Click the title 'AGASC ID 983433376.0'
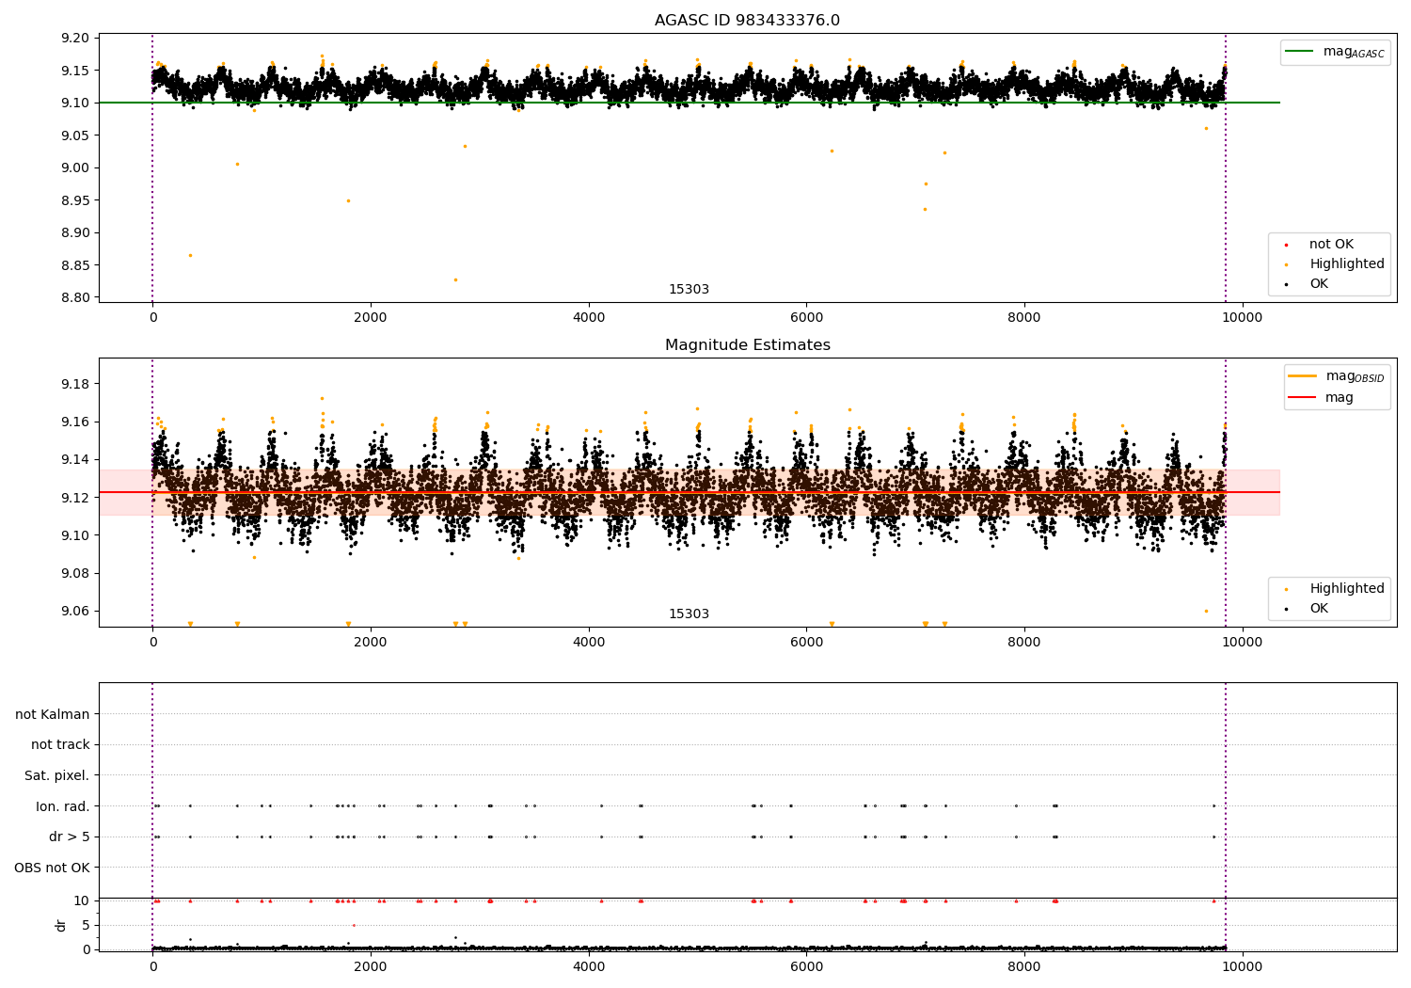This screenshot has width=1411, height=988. (x=747, y=21)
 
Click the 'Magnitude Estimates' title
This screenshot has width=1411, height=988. (x=747, y=345)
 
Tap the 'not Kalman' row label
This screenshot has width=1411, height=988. (x=53, y=714)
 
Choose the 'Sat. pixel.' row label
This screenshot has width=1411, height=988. (x=57, y=775)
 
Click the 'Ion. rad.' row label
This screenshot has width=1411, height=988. (x=63, y=806)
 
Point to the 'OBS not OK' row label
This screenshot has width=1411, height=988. (x=53, y=868)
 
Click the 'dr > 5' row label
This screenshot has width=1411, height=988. (x=70, y=837)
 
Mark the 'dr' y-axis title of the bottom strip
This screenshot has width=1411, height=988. (x=61, y=925)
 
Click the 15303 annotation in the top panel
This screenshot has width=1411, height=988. (x=689, y=290)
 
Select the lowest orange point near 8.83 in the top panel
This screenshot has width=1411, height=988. (x=455, y=279)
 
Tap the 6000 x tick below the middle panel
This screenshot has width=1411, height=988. (x=806, y=642)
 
